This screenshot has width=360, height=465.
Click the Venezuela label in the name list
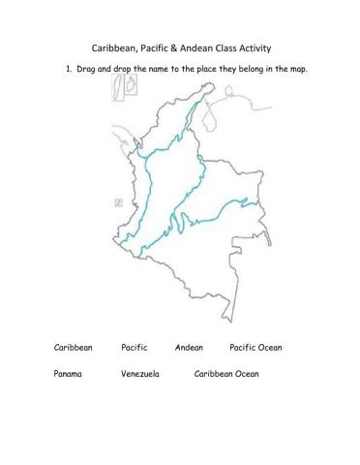(x=140, y=371)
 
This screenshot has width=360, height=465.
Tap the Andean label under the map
(x=190, y=346)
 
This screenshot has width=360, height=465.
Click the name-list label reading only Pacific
(x=135, y=346)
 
